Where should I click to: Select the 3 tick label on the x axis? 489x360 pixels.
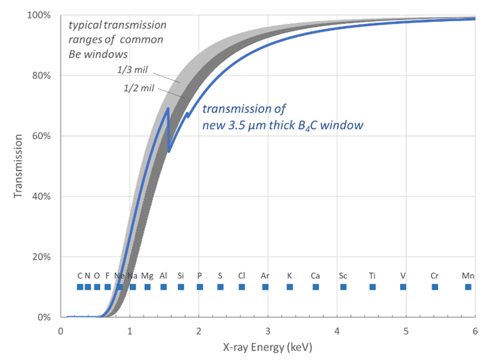point(268,330)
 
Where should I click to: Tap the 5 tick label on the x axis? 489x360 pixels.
point(406,330)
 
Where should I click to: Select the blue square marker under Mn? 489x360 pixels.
point(468,287)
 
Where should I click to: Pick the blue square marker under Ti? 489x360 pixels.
point(372,287)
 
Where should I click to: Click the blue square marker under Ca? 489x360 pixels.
point(316,287)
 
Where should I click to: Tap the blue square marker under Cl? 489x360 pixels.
point(242,287)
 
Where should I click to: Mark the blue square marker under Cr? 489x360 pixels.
point(434,287)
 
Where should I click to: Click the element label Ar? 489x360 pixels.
point(265,275)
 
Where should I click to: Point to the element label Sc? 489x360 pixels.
point(343,275)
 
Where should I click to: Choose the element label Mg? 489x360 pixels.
point(147,275)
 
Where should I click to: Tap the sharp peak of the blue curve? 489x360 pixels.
point(168,109)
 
